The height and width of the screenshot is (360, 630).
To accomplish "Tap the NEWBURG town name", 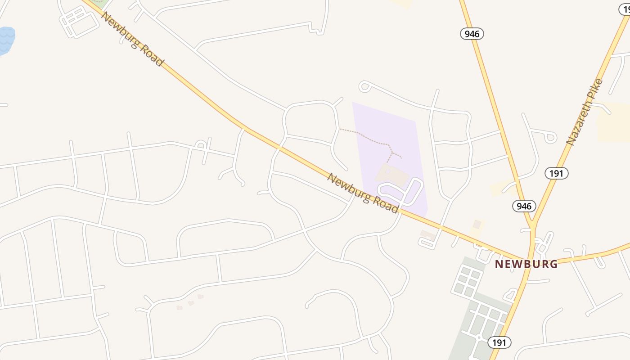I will tap(526, 264).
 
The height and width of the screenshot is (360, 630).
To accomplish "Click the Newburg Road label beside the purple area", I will tap(363, 193).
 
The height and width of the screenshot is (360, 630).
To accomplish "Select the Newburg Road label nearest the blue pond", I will tap(132, 39).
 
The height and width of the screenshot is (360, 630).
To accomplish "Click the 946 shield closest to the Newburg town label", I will tap(524, 206).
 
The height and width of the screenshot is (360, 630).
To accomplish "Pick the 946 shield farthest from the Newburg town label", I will tap(472, 33).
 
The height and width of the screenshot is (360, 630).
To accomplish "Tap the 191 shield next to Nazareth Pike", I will tap(556, 173).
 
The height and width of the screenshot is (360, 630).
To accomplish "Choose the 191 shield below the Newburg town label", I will tap(499, 342).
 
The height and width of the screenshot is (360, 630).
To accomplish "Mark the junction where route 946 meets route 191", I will tap(532, 224).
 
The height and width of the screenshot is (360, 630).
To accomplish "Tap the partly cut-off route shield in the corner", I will tap(625, 8).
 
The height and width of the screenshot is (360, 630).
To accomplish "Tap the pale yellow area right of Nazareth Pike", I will tap(614, 121).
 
